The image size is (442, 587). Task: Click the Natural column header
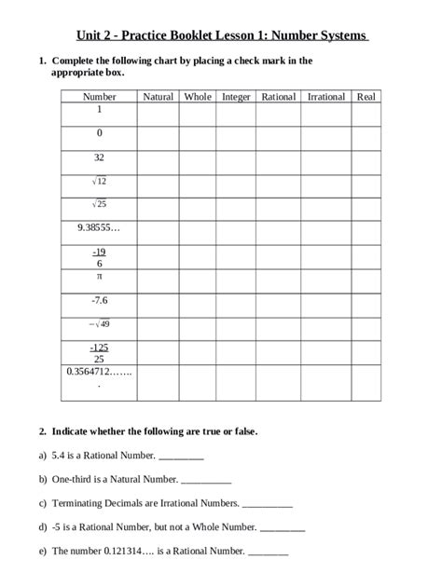[158, 96]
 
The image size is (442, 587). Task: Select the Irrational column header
[325, 96]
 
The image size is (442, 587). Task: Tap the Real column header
[366, 96]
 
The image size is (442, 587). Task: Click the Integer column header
[236, 96]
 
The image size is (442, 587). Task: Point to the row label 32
[99, 157]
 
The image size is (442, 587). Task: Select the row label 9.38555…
[99, 226]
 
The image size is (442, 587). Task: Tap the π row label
[99, 277]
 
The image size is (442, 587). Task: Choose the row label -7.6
[99, 300]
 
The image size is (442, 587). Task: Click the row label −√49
[99, 324]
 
